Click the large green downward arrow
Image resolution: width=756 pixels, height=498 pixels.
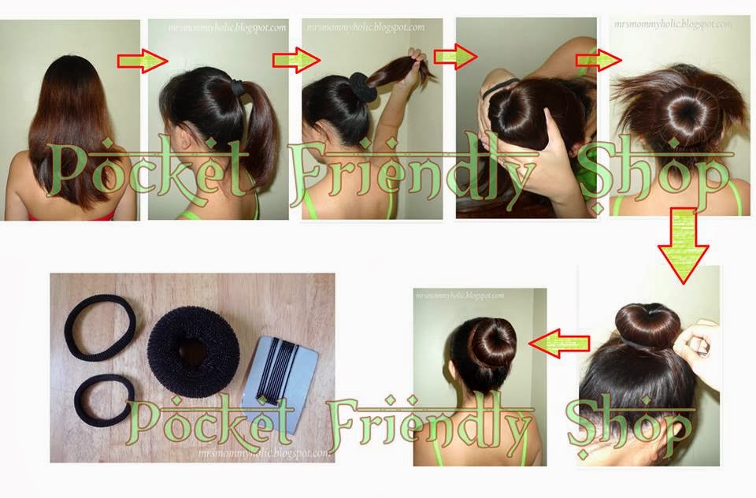pos(684,244)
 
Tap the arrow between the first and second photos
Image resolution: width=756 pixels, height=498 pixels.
pos(143,62)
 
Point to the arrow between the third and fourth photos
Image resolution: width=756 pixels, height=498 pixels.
pos(456,57)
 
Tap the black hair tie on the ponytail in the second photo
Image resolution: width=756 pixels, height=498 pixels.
pos(237,80)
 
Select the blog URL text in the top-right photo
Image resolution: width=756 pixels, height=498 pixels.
pos(673,24)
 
